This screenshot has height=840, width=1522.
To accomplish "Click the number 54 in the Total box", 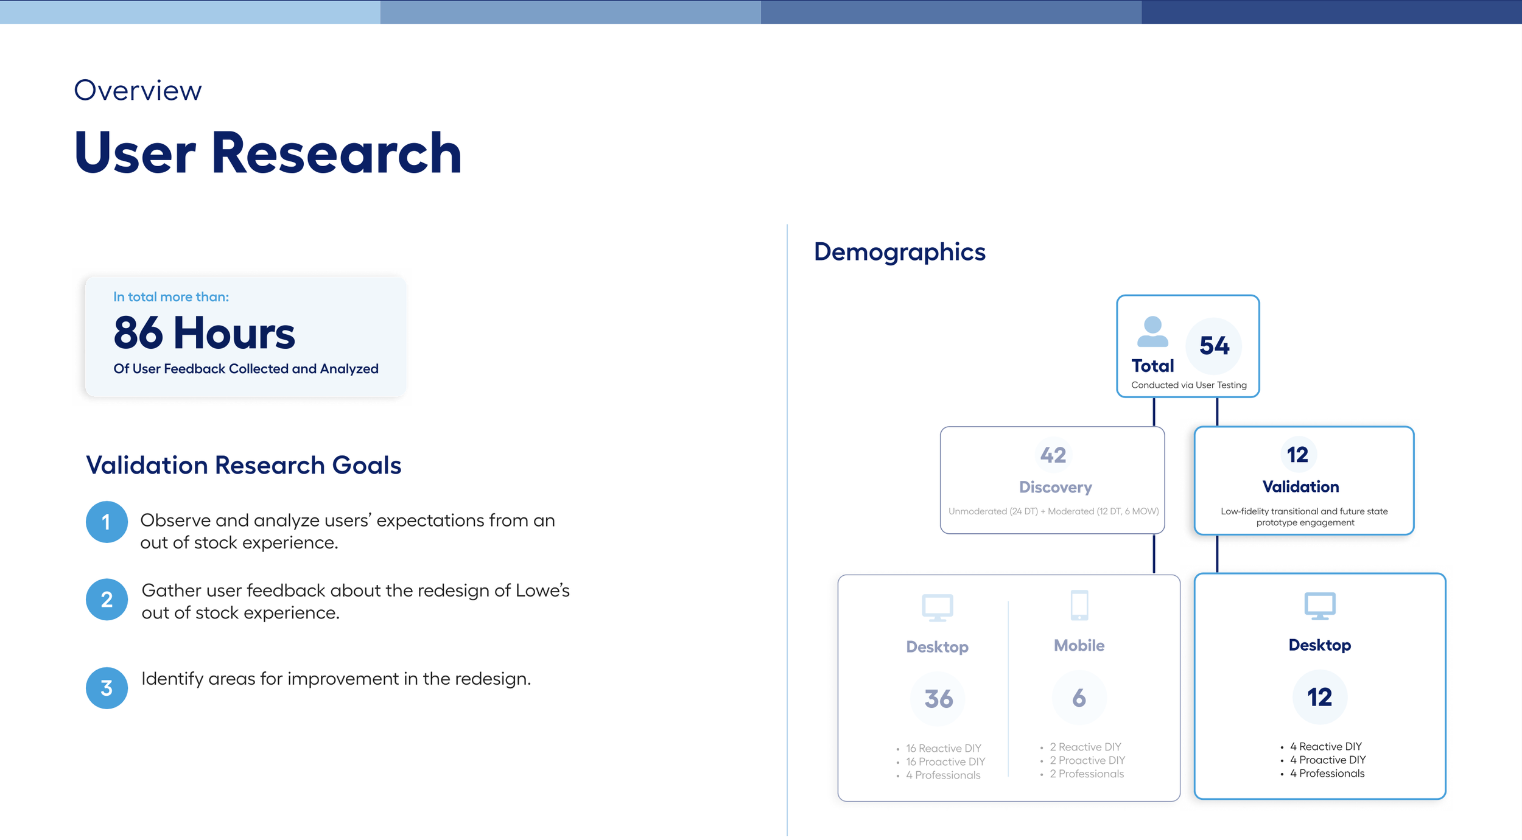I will point(1214,346).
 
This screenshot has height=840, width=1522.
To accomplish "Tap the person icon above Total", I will point(1152,332).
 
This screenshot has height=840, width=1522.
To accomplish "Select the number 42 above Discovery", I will point(1053,455).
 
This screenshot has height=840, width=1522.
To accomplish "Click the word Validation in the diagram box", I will point(1300,486).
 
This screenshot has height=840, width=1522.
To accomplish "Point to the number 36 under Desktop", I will point(938,699).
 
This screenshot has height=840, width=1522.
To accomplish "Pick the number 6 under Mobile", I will point(1079,698).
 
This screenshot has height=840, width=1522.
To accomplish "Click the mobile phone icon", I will point(1079,605).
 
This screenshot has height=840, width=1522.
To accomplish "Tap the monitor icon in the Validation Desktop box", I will point(1320,606).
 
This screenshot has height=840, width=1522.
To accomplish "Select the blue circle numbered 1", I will point(107,522).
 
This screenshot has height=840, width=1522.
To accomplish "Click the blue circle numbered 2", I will point(107,600).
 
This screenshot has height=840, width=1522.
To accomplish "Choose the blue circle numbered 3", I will point(107,688).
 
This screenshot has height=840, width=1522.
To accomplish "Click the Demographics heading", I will point(899,252).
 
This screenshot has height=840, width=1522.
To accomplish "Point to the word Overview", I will point(138,90).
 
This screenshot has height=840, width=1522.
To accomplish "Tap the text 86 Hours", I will point(204,333).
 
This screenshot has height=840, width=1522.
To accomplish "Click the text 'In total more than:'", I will point(171,297).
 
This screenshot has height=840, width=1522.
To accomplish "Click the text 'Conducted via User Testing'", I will point(1188,385).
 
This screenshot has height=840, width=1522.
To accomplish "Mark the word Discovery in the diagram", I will point(1055,487).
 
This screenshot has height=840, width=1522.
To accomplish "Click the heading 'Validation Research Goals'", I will point(244,465).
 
